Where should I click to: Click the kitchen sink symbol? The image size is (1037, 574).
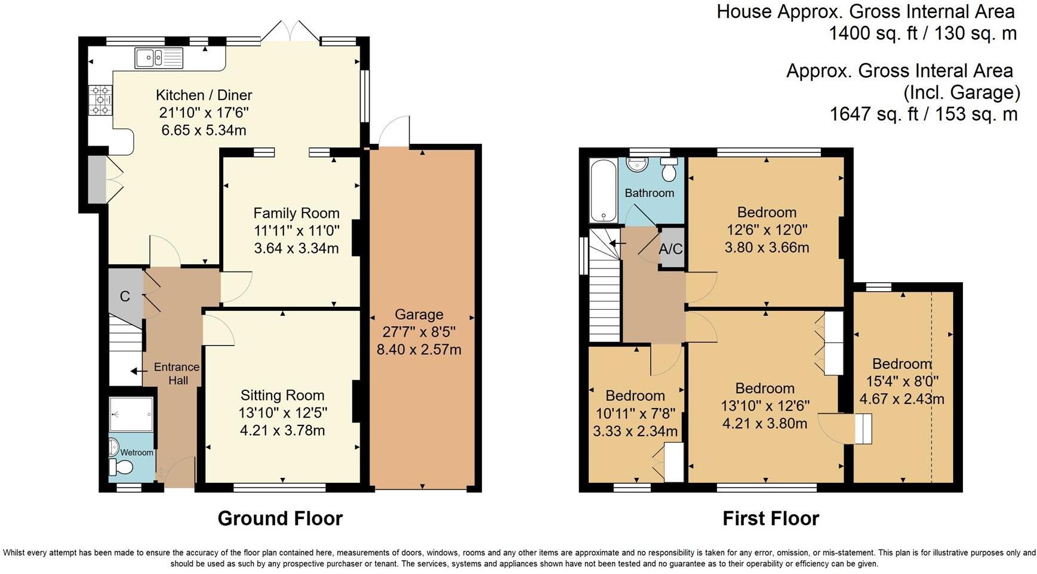pos(159,58)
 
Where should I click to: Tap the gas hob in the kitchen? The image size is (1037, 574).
pos(100,100)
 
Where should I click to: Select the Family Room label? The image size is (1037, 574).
pos(296,213)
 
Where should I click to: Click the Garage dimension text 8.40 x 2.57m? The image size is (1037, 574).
pos(419,350)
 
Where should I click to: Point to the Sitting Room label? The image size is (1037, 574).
pos(282,395)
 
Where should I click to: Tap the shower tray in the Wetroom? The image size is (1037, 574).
pos(132,414)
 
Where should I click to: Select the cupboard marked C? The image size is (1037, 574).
pos(125,297)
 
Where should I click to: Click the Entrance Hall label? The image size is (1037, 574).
pos(177,374)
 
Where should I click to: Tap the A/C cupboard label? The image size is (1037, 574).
pos(670,249)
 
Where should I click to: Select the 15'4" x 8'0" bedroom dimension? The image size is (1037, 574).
pos(901,381)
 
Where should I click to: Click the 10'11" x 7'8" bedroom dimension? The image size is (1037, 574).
pos(635,413)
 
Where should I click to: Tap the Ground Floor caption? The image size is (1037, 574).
pos(280,518)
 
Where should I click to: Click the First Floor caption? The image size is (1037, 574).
pos(770,518)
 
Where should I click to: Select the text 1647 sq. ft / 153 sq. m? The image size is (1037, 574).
pos(923,113)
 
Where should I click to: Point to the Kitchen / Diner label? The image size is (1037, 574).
pos(204,95)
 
